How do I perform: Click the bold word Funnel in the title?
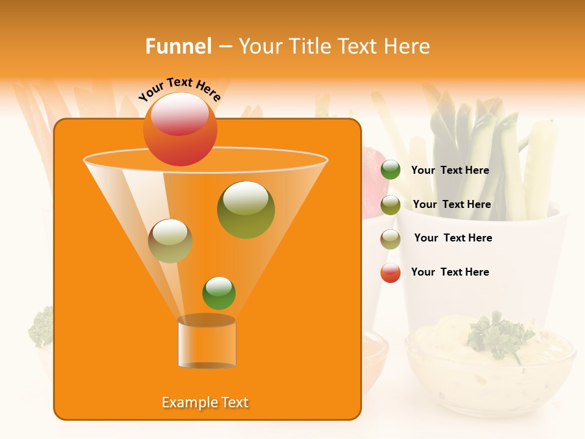[179, 46]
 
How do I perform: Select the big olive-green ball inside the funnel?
[246, 210]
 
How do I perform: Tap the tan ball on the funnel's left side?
[170, 241]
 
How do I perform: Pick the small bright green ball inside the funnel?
[219, 293]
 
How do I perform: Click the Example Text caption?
[205, 402]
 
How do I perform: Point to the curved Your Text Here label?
[180, 88]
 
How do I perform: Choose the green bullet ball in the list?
[391, 170]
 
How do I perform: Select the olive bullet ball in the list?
[391, 205]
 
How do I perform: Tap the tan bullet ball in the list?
[391, 239]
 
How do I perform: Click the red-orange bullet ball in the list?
[391, 273]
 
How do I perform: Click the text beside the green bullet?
[450, 171]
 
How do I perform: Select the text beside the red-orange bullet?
[450, 272]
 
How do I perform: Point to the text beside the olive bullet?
[452, 205]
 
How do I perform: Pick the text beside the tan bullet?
[453, 238]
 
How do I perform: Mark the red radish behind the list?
[370, 183]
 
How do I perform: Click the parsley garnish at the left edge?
[41, 326]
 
